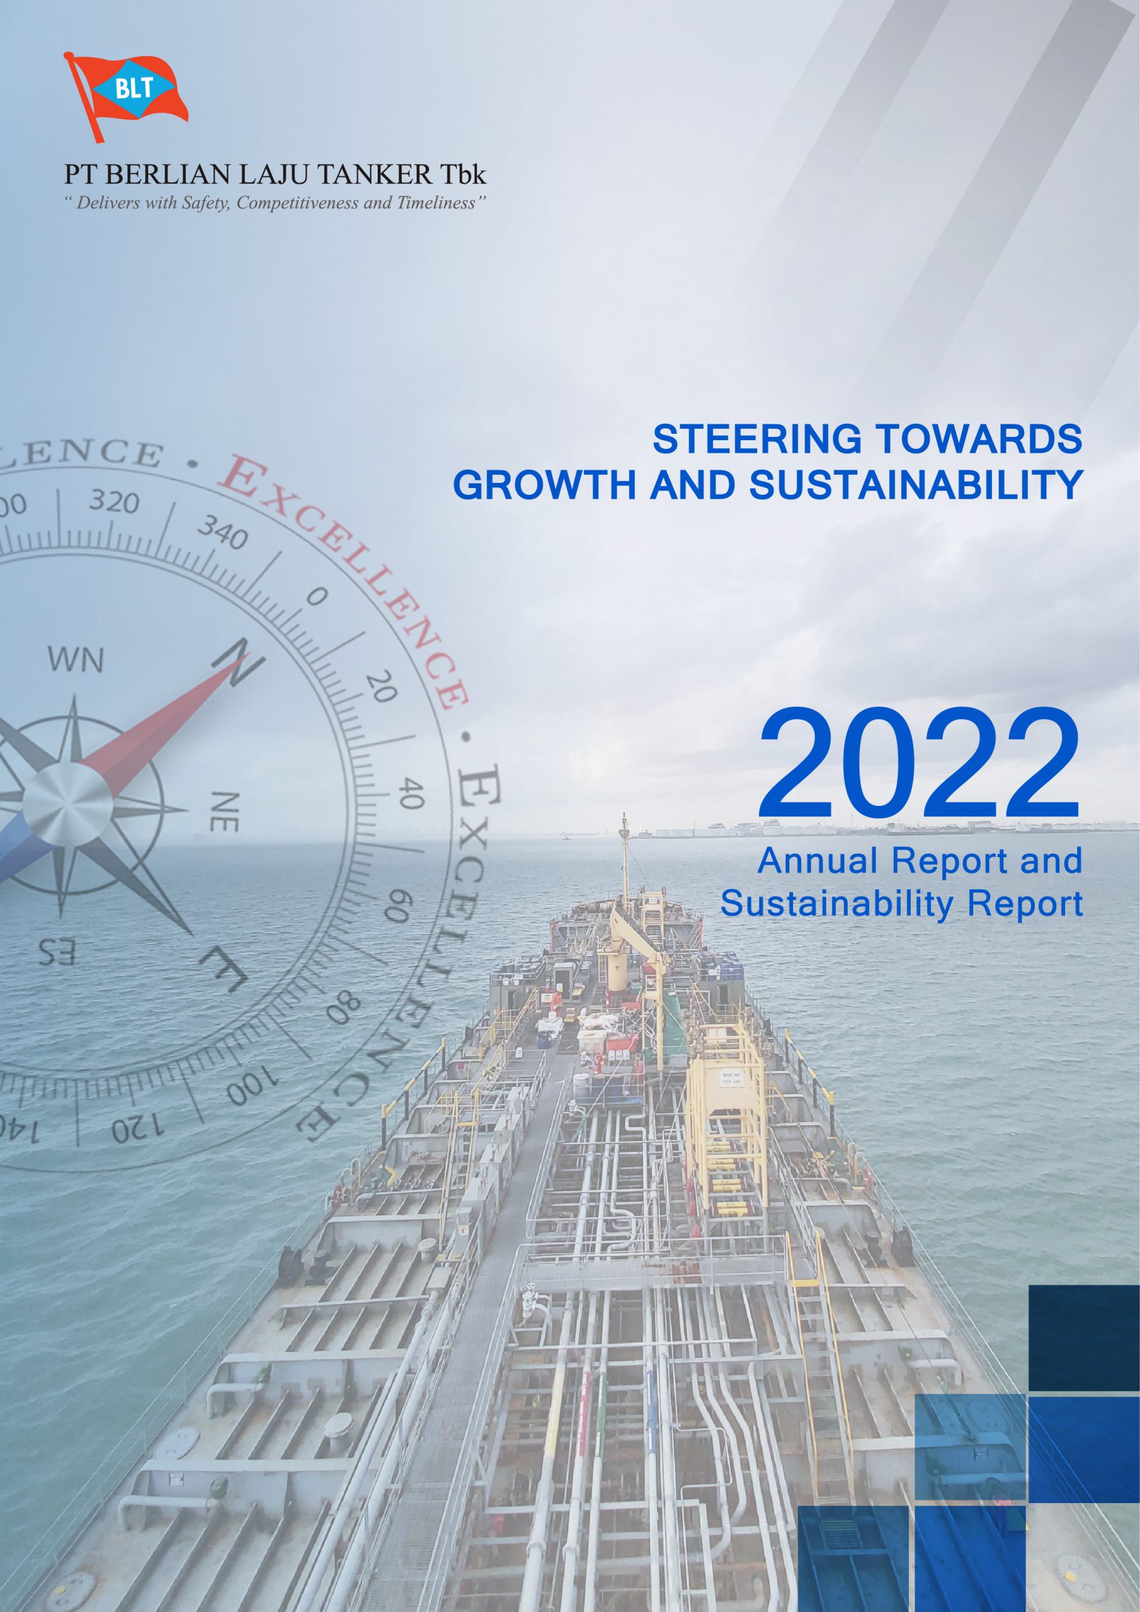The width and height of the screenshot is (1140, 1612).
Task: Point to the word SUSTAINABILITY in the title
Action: click(x=916, y=486)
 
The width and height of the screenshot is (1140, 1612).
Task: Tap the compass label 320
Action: click(x=114, y=501)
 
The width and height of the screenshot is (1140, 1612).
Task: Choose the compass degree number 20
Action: click(x=382, y=688)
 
